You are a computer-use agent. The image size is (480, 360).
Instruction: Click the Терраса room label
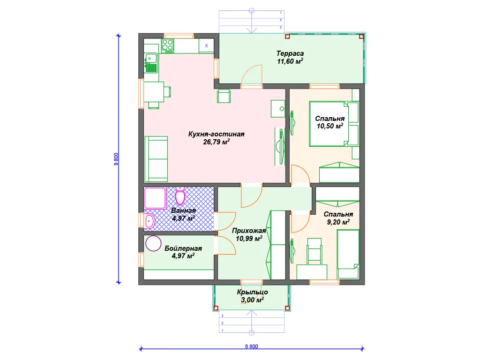pyautogui.click(x=290, y=53)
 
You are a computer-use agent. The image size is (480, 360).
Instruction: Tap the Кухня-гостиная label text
pyautogui.click(x=216, y=134)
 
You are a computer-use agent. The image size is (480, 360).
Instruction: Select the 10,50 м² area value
pyautogui.click(x=330, y=126)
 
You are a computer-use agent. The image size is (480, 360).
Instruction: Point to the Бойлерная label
pyautogui.click(x=183, y=248)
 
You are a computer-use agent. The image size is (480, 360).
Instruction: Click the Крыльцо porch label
pyautogui.click(x=252, y=292)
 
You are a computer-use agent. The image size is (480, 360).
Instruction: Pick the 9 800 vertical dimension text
pyautogui.click(x=116, y=159)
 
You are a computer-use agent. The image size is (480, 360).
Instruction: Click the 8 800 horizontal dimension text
pyautogui.click(x=251, y=346)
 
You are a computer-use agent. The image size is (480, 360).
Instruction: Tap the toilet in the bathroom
pyautogui.click(x=180, y=196)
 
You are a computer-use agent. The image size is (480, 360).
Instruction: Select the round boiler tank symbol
pyautogui.click(x=153, y=243)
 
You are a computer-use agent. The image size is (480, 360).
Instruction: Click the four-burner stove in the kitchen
pyautogui.click(x=168, y=45)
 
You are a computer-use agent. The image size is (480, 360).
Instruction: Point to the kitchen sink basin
pyautogui.click(x=150, y=58)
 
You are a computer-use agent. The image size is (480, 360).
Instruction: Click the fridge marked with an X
pyautogui.click(x=206, y=45)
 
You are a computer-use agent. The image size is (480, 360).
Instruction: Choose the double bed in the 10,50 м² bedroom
pyautogui.click(x=329, y=124)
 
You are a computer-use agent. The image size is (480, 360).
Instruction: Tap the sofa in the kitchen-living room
pyautogui.click(x=156, y=159)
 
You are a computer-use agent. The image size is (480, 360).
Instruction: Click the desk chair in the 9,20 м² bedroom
pyautogui.click(x=314, y=251)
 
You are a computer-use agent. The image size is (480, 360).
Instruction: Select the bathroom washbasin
pyautogui.click(x=150, y=220)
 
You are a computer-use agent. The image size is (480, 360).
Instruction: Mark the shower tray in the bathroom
pyautogui.click(x=155, y=198)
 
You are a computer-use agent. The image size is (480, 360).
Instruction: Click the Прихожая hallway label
pyautogui.click(x=249, y=231)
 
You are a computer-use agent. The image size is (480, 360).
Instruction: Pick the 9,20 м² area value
pyautogui.click(x=338, y=222)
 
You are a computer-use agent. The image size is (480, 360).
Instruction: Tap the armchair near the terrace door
pyautogui.click(x=224, y=96)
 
